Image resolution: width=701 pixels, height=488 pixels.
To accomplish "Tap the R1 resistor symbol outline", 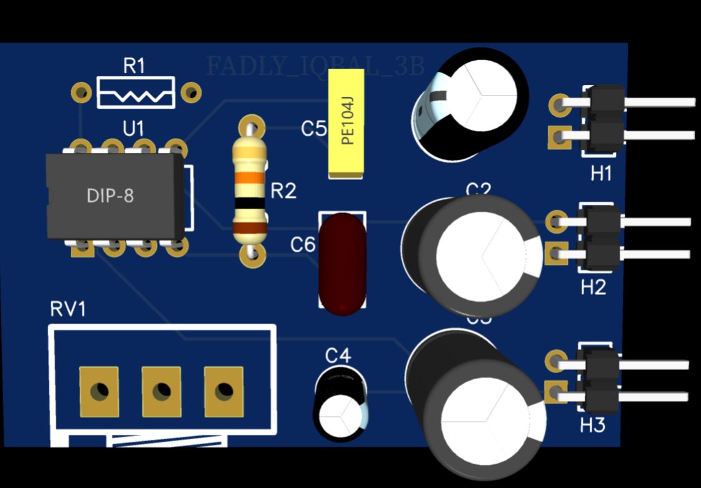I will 135,92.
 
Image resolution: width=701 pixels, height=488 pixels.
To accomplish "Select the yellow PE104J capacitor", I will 346,123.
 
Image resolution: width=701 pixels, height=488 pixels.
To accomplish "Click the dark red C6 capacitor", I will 342,263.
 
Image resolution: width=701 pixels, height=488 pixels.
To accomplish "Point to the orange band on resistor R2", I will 250,177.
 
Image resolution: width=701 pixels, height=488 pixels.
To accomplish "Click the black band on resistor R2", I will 250,204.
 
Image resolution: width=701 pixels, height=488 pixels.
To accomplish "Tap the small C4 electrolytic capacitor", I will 340,404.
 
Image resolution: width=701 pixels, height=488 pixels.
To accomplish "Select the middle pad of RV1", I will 161,392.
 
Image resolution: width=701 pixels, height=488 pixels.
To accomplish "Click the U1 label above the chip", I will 133,129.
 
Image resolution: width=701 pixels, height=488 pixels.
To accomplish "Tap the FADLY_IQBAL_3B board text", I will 315,66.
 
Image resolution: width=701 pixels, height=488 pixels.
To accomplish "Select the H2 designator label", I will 593,288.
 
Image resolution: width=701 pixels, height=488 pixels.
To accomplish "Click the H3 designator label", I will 592,426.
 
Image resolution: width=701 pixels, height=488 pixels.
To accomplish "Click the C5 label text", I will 313,129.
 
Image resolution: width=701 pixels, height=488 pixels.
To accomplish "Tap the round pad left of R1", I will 81,93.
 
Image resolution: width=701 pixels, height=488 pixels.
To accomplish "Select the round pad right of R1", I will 190,93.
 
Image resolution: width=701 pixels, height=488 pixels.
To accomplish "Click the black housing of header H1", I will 604,119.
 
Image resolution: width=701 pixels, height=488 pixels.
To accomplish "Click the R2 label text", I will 283,191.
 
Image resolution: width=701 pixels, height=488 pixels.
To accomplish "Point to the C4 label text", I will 338,356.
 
